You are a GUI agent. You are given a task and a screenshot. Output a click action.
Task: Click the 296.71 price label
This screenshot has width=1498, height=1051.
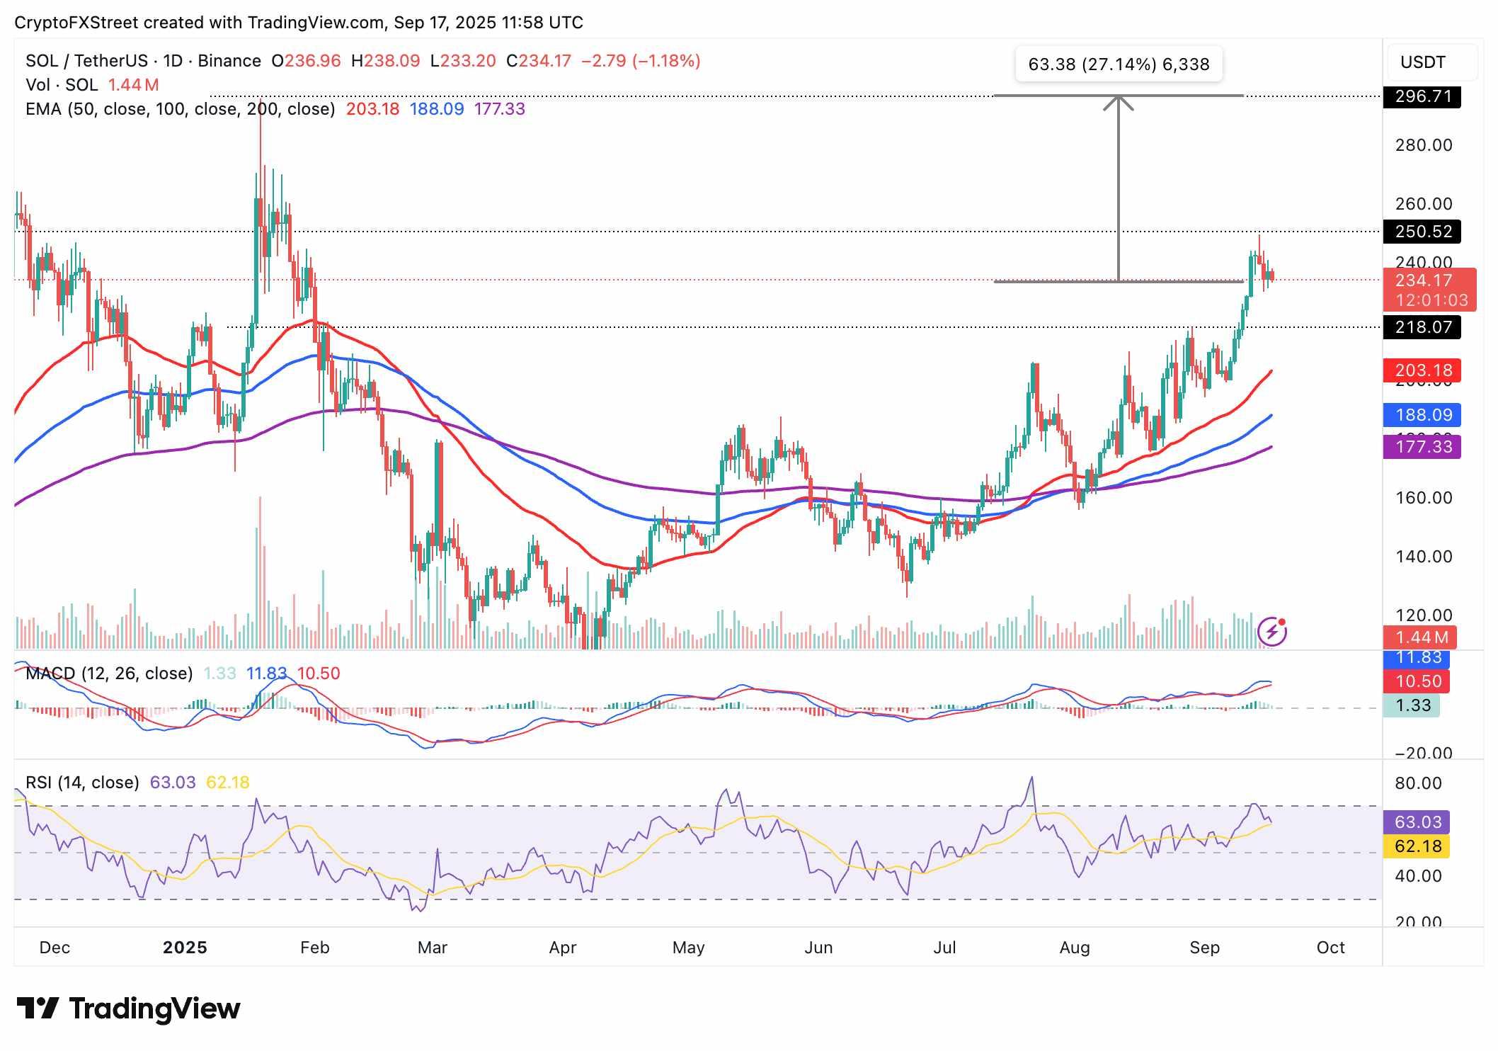pyautogui.click(x=1422, y=96)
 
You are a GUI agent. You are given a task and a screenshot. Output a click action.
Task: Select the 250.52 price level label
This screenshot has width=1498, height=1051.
pyautogui.click(x=1422, y=232)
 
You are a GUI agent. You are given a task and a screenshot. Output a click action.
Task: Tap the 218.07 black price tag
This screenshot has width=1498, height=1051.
pyautogui.click(x=1422, y=327)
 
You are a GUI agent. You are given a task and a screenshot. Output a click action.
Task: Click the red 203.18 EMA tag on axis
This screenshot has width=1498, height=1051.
pyautogui.click(x=1422, y=370)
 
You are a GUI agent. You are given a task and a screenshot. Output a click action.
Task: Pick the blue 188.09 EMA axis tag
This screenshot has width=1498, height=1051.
pyautogui.click(x=1422, y=415)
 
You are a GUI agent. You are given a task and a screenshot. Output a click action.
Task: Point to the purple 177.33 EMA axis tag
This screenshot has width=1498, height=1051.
pyautogui.click(x=1422, y=447)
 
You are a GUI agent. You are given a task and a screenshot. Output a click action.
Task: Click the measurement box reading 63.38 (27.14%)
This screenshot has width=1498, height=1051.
pyautogui.click(x=1118, y=64)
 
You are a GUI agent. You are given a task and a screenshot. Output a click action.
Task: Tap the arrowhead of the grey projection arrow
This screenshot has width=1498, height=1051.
pyautogui.click(x=1119, y=101)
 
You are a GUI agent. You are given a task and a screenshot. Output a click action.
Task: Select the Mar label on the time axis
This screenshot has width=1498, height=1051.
pyautogui.click(x=432, y=948)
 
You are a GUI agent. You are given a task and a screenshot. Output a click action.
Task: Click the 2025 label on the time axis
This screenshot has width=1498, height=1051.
pyautogui.click(x=185, y=948)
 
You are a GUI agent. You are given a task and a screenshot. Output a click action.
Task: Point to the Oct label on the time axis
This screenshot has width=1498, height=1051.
pyautogui.click(x=1330, y=948)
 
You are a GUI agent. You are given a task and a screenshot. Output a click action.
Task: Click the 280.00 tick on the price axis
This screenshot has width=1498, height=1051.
pyautogui.click(x=1423, y=145)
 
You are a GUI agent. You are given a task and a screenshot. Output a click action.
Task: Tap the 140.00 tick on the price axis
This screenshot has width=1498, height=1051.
pyautogui.click(x=1423, y=557)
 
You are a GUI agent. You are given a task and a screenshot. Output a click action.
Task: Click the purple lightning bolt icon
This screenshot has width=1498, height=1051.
pyautogui.click(x=1271, y=632)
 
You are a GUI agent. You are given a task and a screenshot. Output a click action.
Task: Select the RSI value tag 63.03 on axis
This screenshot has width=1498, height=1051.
pyautogui.click(x=1417, y=822)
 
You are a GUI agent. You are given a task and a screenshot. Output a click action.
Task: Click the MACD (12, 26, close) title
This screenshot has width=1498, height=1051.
pyautogui.click(x=109, y=674)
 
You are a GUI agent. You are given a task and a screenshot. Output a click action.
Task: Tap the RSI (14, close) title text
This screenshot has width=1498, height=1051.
pyautogui.click(x=82, y=783)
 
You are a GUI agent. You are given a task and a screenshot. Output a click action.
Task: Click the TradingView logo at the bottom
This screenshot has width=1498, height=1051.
pyautogui.click(x=128, y=1009)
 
